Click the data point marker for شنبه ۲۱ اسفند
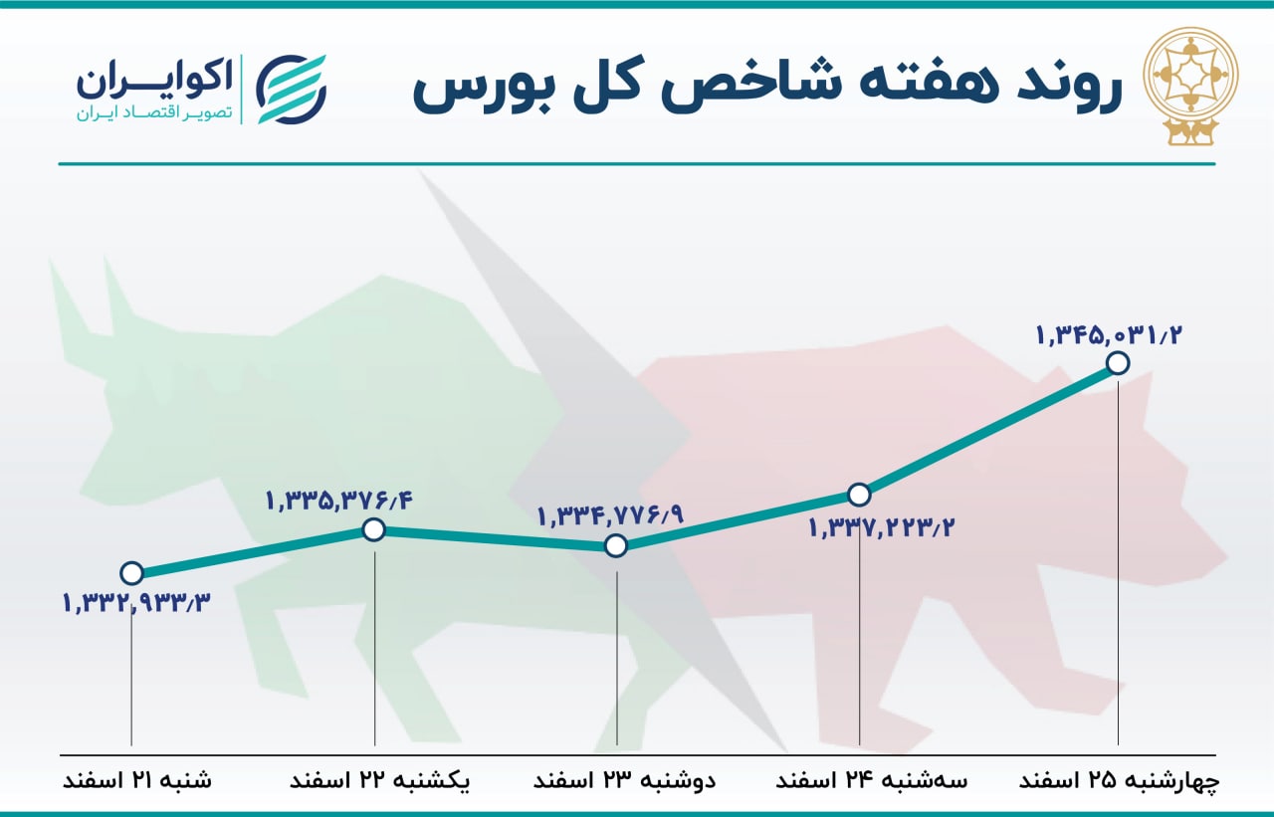coord(132,573)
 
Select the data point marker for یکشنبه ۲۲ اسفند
coord(373,530)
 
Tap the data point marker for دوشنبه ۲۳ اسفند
coord(616,545)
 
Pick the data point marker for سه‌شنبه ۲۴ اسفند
coord(859,495)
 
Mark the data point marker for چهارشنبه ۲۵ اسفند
coord(1118,363)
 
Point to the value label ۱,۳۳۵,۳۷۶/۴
coord(339,501)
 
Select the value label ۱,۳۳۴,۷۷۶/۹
coord(611,516)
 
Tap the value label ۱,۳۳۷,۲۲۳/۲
coord(882,528)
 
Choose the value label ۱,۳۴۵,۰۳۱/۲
coord(1109,335)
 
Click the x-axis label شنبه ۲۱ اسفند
coord(137,780)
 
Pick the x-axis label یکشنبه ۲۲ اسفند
coord(380,780)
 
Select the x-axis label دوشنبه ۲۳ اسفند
coord(624,780)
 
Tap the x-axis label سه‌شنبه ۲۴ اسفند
coord(872,780)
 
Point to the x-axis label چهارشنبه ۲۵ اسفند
coord(1120,780)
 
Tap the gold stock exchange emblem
coord(1191,86)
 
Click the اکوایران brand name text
coord(154,80)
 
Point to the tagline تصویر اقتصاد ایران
coord(154,113)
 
